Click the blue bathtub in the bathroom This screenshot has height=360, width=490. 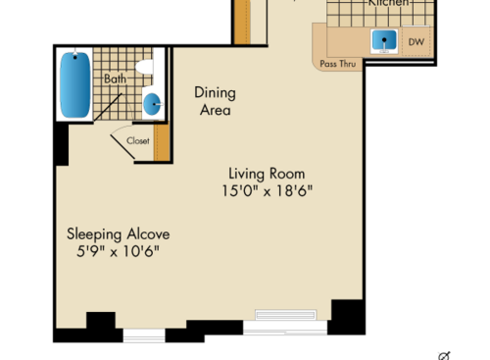(73, 84)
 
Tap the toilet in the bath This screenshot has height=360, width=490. (145, 68)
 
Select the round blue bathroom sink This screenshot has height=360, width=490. (153, 103)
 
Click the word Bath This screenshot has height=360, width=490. (115, 78)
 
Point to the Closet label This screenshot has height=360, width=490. (137, 140)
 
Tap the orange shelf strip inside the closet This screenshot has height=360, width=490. (163, 143)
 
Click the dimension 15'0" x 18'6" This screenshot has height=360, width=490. (267, 191)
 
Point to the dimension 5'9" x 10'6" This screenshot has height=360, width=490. (118, 251)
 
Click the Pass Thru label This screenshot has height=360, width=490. (337, 64)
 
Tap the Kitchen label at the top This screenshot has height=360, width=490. (387, 4)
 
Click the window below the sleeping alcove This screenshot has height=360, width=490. (143, 334)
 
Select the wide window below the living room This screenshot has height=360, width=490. (285, 320)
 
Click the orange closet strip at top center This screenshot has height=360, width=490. (242, 22)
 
